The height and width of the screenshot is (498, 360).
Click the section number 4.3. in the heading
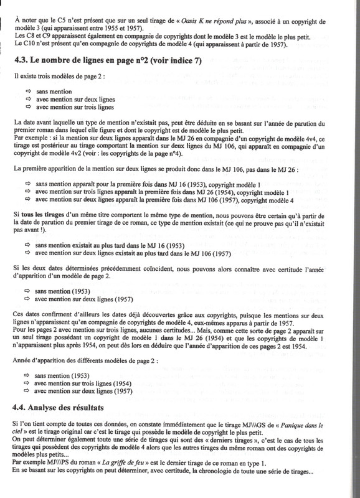click(22, 60)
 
